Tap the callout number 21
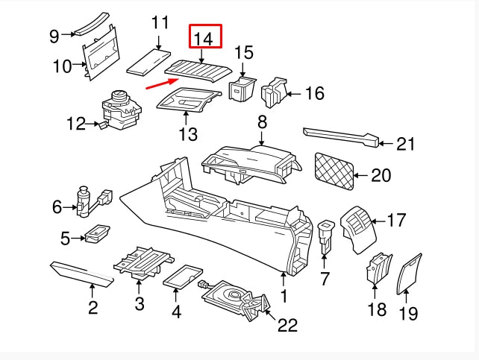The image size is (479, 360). coord(405,144)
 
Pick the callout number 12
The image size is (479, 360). coord(76,124)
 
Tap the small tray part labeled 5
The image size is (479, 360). coord(96,236)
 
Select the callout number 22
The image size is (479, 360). coord(287,326)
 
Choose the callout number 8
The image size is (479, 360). coord(262,121)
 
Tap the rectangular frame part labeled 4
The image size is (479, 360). coord(183,277)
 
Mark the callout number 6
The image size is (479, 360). coord(57,207)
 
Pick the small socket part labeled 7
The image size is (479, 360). coord(325,233)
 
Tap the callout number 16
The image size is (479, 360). coord(315,93)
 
